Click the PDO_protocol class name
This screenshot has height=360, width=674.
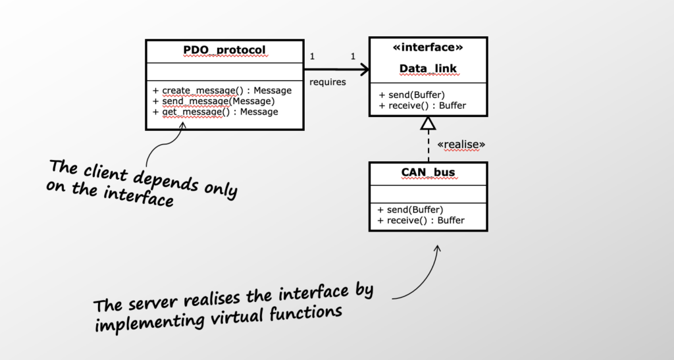tap(224, 51)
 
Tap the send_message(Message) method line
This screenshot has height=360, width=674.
tap(213, 101)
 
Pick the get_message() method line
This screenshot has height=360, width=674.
tap(215, 112)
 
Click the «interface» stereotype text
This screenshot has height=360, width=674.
tap(428, 48)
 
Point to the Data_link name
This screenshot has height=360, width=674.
tap(428, 68)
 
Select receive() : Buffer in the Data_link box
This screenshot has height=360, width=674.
tap(422, 105)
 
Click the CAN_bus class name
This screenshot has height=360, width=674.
tap(428, 173)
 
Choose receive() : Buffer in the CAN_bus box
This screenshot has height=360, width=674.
tap(422, 220)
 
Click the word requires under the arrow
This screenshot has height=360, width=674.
tap(328, 82)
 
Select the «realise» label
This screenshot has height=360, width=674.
tap(461, 144)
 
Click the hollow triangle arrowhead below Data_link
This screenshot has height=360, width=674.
tap(428, 123)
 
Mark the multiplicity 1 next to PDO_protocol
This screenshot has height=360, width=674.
tap(312, 57)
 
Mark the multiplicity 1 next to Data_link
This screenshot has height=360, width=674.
tap(353, 57)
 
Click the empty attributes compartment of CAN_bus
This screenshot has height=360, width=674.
tap(428, 193)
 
